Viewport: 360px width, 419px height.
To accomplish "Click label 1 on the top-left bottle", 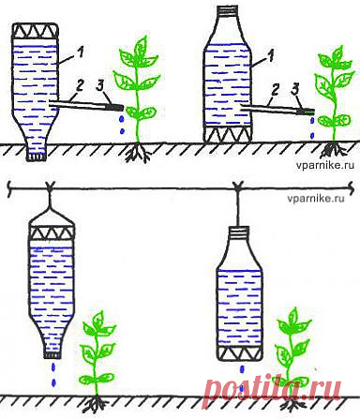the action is pos(81,52).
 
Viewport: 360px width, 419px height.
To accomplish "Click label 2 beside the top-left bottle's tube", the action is pos(80,85).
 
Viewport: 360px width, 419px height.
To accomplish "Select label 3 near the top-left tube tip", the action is pos(100,85).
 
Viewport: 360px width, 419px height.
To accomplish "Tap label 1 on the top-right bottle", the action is pos(271,56).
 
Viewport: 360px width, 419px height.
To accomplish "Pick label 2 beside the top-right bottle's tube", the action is pos(275,90).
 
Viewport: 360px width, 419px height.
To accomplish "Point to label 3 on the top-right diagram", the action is pos(294,90).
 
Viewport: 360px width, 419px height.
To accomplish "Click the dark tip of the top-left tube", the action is pos(115,108).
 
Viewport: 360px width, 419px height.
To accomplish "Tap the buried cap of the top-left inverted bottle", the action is pos(37,156).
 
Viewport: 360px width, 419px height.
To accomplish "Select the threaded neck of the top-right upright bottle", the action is pos(227,10).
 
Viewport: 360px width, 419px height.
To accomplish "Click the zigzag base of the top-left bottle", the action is pos(36,31).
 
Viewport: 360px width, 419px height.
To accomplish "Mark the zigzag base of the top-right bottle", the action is pos(227,134).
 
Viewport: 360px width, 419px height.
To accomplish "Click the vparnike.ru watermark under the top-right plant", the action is pos(325,165).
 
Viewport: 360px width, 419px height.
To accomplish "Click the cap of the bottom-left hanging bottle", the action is pos(52,354).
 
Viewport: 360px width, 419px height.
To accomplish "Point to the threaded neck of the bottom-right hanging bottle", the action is pos(239,231).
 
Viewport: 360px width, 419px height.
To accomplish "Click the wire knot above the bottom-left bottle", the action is pos(50,187).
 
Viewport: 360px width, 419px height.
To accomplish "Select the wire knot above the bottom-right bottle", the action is pos(238,187).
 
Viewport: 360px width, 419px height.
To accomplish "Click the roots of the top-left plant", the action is pos(138,153).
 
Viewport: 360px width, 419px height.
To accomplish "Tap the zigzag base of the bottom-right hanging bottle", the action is pos(239,353).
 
